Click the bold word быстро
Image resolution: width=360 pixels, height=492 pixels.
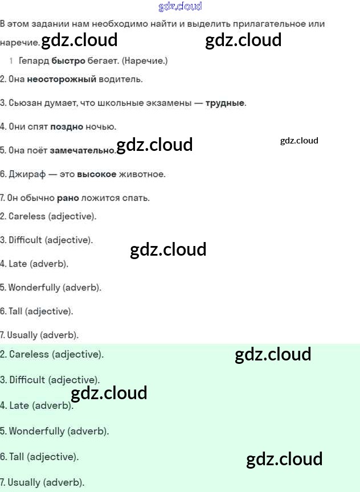68,60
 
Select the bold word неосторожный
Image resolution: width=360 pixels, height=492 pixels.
62,79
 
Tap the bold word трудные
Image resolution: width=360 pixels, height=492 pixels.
225,103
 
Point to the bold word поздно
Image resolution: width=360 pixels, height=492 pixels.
67,126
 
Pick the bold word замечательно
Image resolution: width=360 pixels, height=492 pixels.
82,150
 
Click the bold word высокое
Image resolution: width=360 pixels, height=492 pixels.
96,174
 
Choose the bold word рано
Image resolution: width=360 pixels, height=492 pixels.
68,198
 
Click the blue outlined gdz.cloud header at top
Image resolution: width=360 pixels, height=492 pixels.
180,7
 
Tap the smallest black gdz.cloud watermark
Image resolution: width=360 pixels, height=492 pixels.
299,141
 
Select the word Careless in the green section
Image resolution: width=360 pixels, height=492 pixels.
29,354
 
